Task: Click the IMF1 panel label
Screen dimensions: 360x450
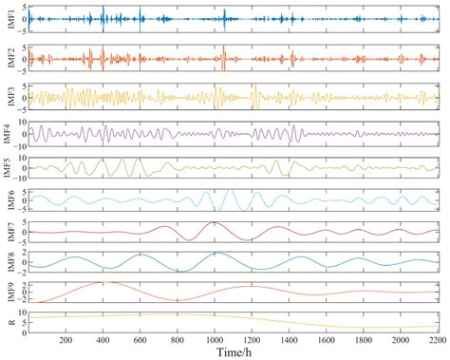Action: click(x=8, y=18)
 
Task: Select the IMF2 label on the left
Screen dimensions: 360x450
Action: click(x=8, y=59)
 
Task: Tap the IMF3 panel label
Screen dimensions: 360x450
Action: click(x=8, y=97)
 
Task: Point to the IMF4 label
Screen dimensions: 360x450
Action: click(x=8, y=133)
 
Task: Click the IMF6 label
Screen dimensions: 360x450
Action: click(x=8, y=200)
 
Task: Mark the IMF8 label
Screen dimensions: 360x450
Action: click(x=8, y=261)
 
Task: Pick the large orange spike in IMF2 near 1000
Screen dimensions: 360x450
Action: click(x=223, y=49)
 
